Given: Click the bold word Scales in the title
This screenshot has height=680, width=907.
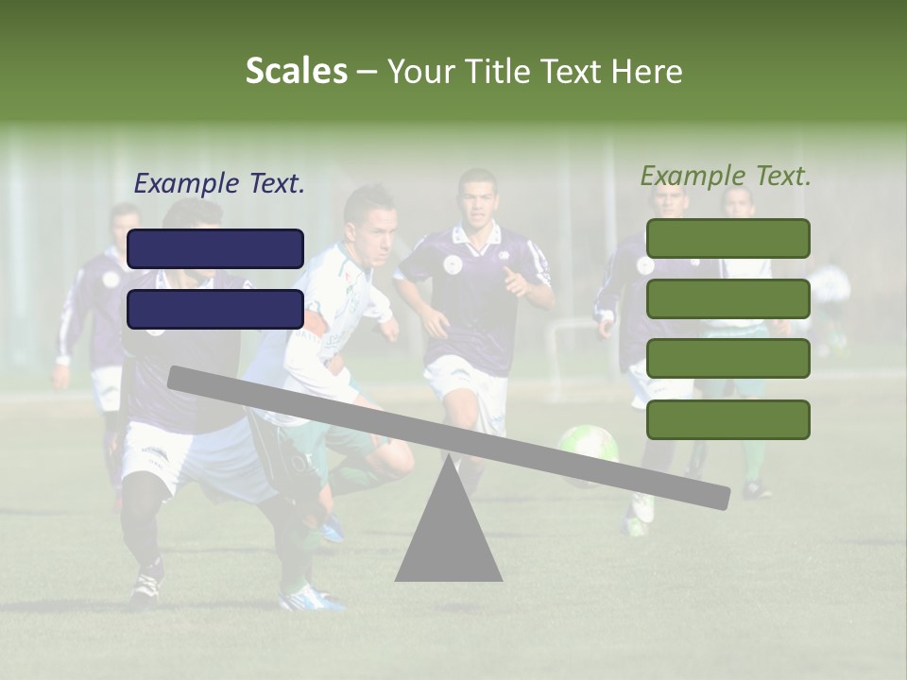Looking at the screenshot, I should (x=296, y=71).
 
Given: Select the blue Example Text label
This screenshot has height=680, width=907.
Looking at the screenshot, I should (x=219, y=184).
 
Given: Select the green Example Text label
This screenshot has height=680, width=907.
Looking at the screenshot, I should (x=726, y=176).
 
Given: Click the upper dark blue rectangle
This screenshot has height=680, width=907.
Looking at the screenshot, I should (x=215, y=248).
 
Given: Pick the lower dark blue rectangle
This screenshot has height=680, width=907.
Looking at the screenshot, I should (x=215, y=309).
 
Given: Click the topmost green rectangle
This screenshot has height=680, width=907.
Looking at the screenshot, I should (x=727, y=238).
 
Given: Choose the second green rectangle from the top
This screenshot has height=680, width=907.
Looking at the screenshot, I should (x=727, y=298).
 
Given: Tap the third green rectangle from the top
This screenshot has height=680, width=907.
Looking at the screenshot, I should (x=727, y=359).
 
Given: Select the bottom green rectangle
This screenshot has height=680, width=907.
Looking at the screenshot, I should (x=727, y=419).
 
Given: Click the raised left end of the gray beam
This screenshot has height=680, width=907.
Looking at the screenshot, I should (x=180, y=378).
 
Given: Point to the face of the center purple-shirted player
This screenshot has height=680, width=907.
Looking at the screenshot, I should (x=478, y=200).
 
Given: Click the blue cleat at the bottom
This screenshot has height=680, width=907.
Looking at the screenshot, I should (x=312, y=597).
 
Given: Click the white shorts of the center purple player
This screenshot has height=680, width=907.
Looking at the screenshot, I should (x=463, y=382).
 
